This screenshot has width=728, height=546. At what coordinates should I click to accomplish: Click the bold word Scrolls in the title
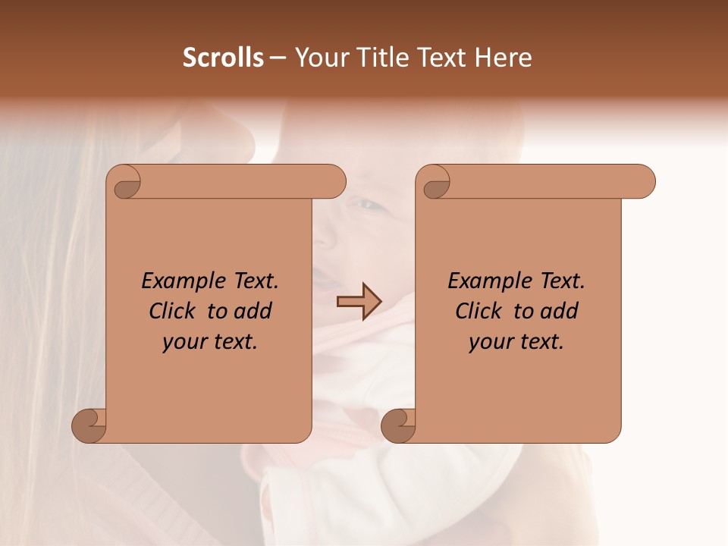point(223,57)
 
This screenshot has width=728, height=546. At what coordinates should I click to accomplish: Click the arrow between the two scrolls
point(358,302)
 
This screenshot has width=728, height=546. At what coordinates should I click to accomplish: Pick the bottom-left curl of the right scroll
point(398,425)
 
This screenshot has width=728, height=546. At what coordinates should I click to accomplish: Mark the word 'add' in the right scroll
point(560,311)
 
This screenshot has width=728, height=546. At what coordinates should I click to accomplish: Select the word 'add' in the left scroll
point(253,311)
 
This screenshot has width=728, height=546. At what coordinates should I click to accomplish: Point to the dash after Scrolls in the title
point(278,58)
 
